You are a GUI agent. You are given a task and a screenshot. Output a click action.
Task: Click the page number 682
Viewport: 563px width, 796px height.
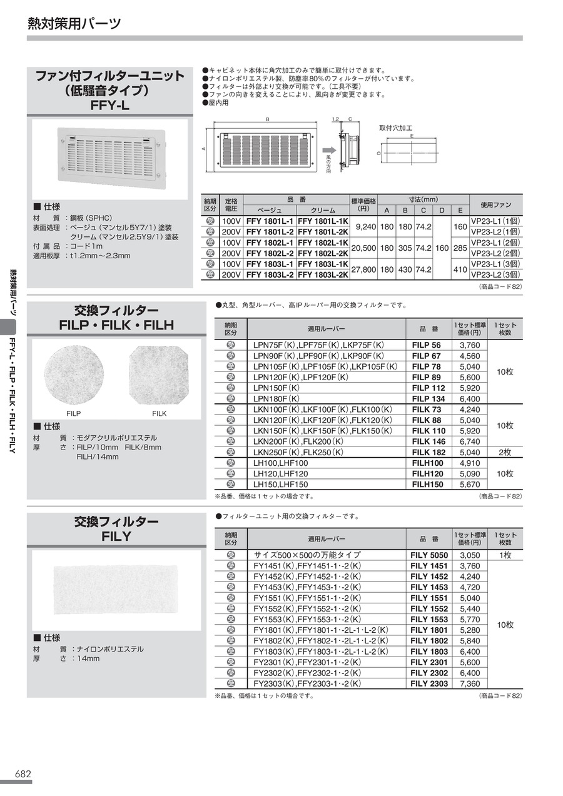point(23,773)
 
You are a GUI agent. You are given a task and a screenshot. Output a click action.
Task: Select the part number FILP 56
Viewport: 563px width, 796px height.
point(426,345)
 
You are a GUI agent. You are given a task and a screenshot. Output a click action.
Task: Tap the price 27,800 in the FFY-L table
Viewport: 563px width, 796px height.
point(363,270)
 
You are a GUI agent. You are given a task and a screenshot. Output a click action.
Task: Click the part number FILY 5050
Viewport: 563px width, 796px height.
point(429,555)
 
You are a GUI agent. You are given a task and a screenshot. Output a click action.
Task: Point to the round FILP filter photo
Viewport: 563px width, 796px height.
point(73,374)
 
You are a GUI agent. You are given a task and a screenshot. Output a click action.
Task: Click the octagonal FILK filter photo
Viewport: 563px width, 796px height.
point(158,374)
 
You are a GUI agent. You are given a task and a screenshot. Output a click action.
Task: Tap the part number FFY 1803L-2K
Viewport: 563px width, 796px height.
point(323,275)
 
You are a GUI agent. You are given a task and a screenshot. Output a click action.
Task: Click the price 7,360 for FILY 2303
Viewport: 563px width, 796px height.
point(470,683)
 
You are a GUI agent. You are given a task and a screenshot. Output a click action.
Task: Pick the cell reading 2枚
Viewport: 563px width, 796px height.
point(505,452)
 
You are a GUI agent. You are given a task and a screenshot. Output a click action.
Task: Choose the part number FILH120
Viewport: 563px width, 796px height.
point(428,473)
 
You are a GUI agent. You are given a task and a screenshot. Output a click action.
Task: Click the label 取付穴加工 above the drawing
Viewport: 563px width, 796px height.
point(396,128)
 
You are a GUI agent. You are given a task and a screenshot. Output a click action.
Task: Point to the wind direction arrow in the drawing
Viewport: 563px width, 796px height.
point(328,150)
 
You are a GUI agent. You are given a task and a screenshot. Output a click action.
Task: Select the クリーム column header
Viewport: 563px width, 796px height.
point(323,211)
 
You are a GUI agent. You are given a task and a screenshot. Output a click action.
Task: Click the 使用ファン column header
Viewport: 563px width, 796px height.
point(496,205)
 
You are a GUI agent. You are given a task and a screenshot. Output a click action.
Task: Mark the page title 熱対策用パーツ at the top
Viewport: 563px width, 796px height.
point(74,24)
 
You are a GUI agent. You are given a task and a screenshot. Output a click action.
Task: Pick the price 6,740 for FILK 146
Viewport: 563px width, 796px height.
point(470,441)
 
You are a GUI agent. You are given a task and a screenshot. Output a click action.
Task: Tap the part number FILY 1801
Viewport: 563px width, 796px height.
point(429,630)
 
